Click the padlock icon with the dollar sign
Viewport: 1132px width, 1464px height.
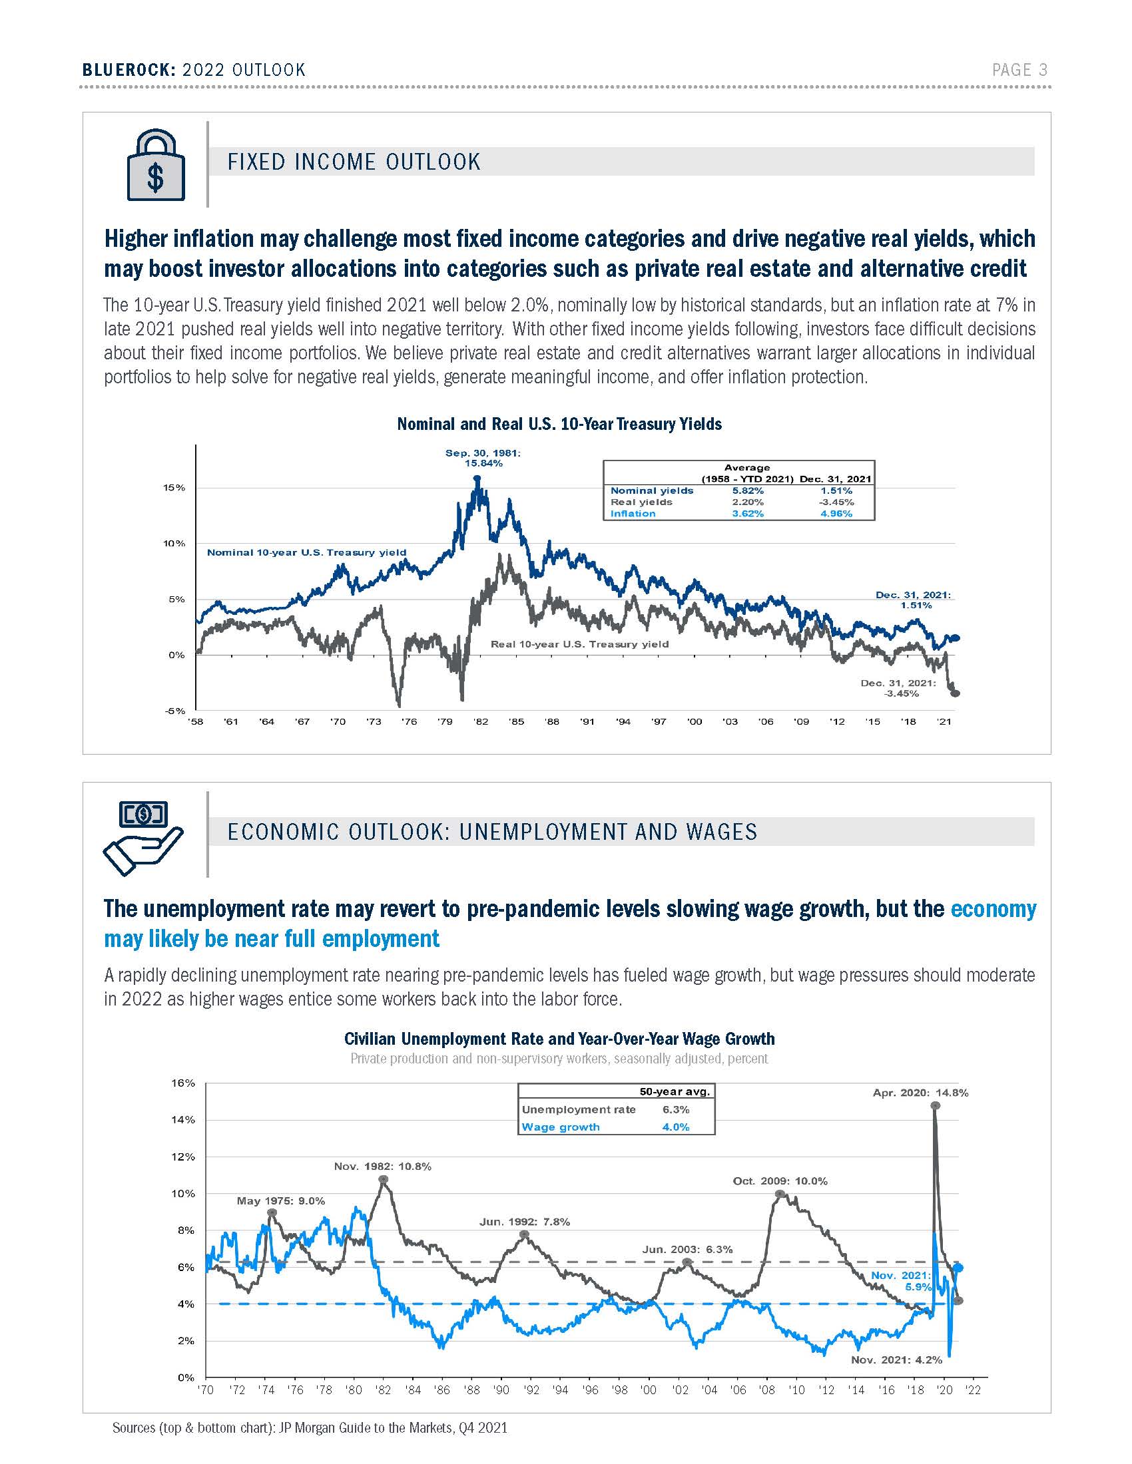click(156, 165)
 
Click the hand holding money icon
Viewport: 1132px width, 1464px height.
click(143, 838)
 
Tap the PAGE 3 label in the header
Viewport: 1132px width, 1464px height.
click(1019, 70)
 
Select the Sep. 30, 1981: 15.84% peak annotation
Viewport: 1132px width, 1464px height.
click(483, 458)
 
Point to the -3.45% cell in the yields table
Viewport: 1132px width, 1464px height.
click(837, 502)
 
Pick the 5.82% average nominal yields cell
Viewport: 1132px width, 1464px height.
click(748, 490)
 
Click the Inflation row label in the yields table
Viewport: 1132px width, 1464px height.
click(633, 514)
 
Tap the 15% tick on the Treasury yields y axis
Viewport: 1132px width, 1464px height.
click(174, 487)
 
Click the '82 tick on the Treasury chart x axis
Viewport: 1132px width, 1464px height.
click(480, 721)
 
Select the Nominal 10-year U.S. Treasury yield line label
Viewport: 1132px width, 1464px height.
click(306, 552)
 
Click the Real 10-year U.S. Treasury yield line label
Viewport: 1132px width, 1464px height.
click(579, 644)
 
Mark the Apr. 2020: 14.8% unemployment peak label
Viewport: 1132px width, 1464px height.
click(920, 1093)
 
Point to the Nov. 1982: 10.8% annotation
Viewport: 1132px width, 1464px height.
click(382, 1167)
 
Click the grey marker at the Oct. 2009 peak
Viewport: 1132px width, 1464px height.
click(780, 1194)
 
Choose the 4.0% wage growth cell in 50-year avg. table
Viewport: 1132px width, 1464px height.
click(675, 1127)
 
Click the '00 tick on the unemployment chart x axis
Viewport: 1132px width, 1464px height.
click(649, 1390)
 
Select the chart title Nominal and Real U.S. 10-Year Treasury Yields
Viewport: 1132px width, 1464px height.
click(559, 424)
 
